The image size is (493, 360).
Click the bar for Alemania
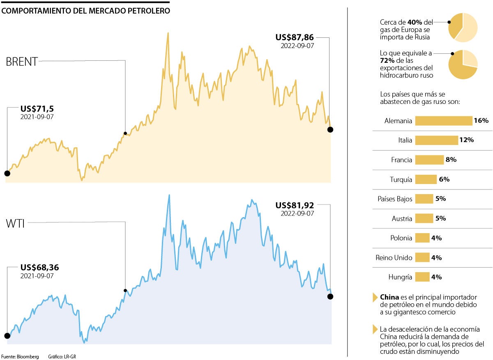point(443,121)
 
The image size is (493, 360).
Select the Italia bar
point(436,140)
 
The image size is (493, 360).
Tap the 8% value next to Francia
point(451,160)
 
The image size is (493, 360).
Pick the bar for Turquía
point(426,179)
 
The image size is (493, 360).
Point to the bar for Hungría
point(422,277)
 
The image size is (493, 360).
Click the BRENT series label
point(22,62)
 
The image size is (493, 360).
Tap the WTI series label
point(16,224)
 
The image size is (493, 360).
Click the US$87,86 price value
point(295,37)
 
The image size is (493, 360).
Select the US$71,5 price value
point(37,109)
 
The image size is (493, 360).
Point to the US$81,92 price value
point(295,205)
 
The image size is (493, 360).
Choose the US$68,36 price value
point(39,268)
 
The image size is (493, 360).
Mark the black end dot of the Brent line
point(330,130)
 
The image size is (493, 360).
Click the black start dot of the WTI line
point(7,336)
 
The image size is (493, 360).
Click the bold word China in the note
point(389,297)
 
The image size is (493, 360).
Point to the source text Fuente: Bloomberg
point(20,357)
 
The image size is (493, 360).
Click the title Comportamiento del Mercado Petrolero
point(85,11)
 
